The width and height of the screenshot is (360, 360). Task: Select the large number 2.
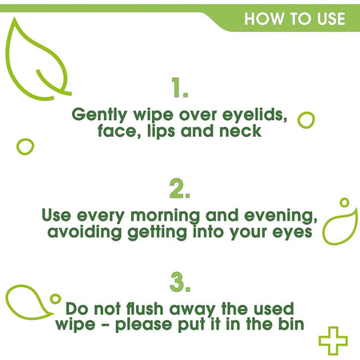pos(180,189)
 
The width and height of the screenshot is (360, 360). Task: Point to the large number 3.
pos(180,282)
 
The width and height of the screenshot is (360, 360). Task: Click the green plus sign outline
pos(333,340)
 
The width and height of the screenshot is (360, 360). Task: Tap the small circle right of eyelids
pos(306,120)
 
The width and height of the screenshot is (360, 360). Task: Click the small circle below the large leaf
pos(26,146)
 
